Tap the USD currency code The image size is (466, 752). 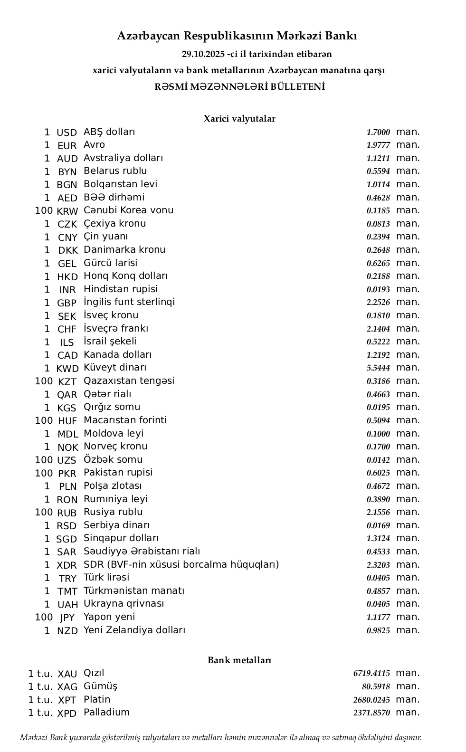pos(67,133)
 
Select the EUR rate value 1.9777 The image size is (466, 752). pos(378,145)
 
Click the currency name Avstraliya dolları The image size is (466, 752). pos(123,158)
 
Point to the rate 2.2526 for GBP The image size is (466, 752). pos(378,303)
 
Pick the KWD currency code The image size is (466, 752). pos(67,369)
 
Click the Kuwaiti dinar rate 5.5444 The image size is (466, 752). pos(378,368)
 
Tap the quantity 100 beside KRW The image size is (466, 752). pos(44,210)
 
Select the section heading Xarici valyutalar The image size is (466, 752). pos(239,119)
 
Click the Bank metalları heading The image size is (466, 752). pos(239,660)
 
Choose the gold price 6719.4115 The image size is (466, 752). pos(371,674)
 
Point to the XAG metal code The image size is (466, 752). pos(67,687)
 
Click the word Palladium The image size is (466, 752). pos(106,713)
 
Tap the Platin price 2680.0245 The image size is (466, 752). pos(371,700)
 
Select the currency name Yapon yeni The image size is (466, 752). pos(109,617)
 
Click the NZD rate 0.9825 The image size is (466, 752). pos(378,631)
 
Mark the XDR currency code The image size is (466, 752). pos(67,565)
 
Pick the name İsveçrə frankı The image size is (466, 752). pos(116,329)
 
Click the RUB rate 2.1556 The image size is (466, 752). pos(378,513)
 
